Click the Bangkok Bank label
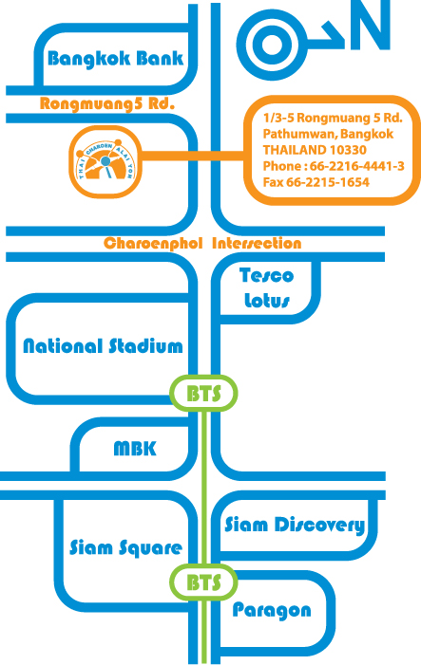coord(115,59)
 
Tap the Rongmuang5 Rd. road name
coord(107,103)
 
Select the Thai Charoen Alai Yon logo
coord(105,161)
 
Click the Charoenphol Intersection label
coord(202,244)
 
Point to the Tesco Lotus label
coord(266,288)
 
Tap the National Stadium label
coord(103,346)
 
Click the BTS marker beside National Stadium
coord(203,393)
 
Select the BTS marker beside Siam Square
coord(203,582)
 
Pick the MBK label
coord(135,449)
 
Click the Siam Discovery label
coord(295,525)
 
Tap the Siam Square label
coord(125,547)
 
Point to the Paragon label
coord(272,611)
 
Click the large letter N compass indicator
coord(370,25)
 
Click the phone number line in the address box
coord(334,166)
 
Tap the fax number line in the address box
coord(316,182)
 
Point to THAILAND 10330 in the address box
coord(315,150)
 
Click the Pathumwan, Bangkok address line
coord(328,134)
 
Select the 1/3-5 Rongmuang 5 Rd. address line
coord(333,118)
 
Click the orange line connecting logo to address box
coord(193,156)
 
